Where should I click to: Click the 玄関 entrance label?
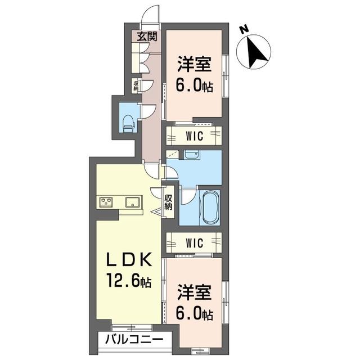click(x=147, y=37)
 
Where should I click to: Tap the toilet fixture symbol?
click(x=129, y=124)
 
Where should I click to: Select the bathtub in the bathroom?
click(x=209, y=208)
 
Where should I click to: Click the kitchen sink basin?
click(x=132, y=202)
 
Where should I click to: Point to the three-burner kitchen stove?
click(x=106, y=202)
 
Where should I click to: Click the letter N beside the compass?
click(x=244, y=30)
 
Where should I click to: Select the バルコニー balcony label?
click(x=134, y=339)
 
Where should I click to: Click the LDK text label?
click(x=129, y=259)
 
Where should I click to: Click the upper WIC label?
click(x=195, y=136)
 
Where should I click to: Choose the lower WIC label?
click(x=195, y=243)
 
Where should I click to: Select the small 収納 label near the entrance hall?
click(x=136, y=85)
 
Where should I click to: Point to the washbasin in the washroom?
click(x=192, y=154)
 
